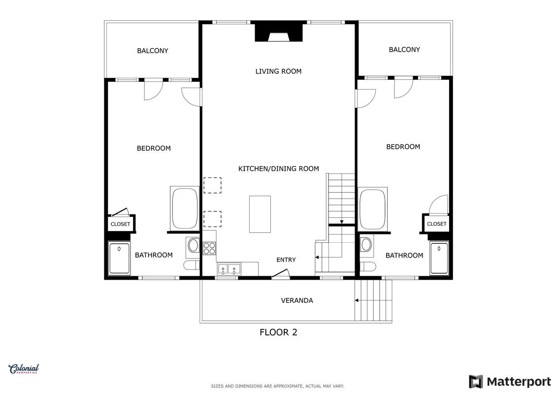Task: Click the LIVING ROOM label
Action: coord(278,71)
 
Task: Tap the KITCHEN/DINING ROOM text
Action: coord(279,169)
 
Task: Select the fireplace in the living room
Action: coord(279,33)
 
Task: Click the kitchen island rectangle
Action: coord(260,214)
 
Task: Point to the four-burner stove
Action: coord(209,248)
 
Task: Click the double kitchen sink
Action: coord(229,268)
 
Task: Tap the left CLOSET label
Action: coord(121,224)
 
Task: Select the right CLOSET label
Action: coord(436,224)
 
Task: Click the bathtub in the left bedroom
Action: coord(184,208)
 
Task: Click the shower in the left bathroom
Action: coord(119,258)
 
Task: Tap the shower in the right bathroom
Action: coord(439,258)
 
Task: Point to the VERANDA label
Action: coord(297,300)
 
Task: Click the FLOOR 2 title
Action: coord(278,332)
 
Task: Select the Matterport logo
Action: coord(510,382)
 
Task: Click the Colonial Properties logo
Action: coord(24,369)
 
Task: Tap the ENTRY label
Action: coord(286,260)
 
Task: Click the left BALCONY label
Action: coord(152,51)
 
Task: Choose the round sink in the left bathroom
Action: coord(193,245)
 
